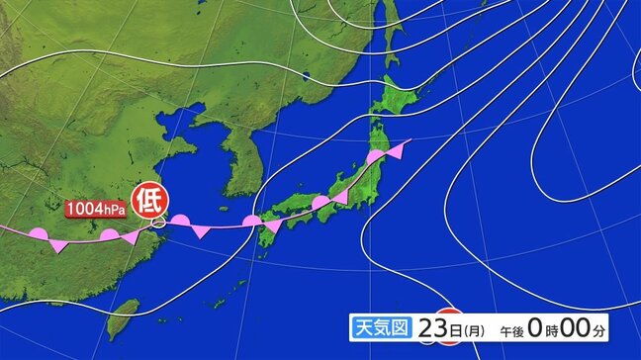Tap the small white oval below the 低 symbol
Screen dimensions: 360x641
158,226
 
